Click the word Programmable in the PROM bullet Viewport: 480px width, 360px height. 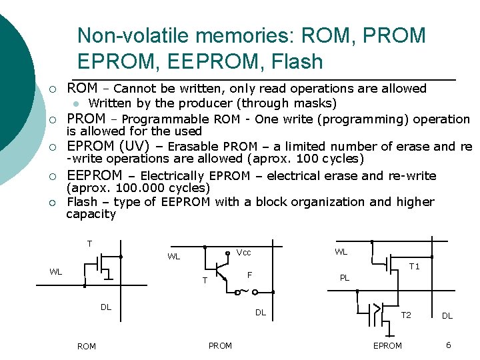point(166,120)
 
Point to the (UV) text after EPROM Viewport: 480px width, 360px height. point(140,146)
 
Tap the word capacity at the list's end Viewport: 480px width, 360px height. point(91,215)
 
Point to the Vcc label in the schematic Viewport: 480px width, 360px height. point(244,253)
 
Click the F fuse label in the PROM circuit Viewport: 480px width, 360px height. point(249,275)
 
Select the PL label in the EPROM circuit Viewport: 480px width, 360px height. point(345,278)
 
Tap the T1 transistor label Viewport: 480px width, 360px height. point(414,267)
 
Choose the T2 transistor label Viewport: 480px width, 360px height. point(405,315)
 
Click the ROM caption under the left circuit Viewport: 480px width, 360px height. point(87,347)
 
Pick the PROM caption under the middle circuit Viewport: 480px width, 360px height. point(220,345)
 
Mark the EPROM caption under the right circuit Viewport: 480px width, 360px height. point(387,345)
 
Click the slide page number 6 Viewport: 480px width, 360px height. point(449,345)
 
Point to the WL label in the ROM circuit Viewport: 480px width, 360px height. point(56,271)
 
